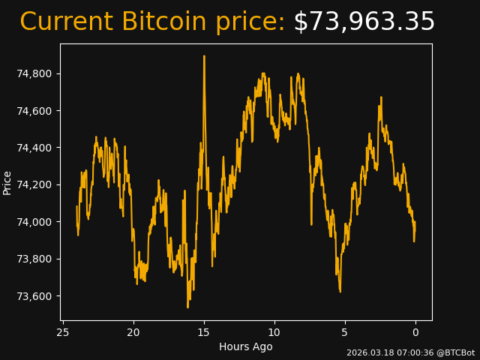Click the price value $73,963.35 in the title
364,22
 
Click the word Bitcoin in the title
163,22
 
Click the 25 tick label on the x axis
63,332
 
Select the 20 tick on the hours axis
133,332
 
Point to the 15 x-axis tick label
203,332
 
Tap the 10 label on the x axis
274,332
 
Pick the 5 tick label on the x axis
345,332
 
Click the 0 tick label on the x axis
415,332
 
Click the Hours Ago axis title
246,346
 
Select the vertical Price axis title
7,182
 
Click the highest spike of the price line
204,56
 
